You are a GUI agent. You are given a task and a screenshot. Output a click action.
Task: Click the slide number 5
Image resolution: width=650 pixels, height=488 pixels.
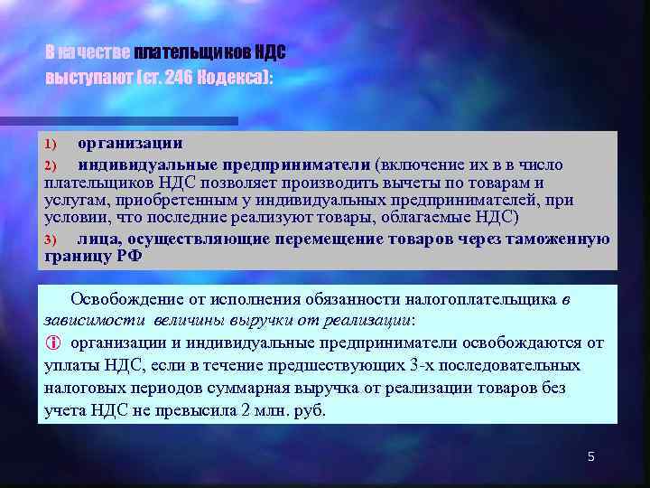[x=591, y=456]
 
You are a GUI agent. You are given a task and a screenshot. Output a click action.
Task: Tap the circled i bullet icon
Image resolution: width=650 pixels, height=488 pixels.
[x=51, y=343]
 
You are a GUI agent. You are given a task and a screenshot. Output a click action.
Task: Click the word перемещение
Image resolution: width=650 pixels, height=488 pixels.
[x=322, y=239]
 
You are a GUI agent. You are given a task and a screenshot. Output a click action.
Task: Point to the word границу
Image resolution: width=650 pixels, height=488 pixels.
[x=76, y=256]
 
